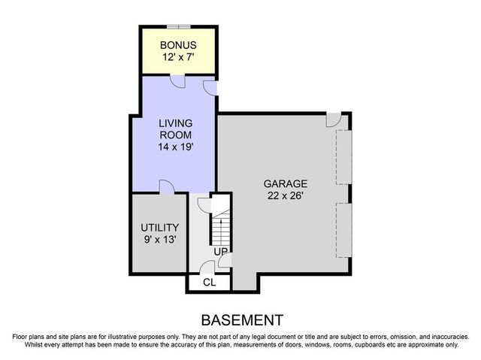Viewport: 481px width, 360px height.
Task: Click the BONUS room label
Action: (x=177, y=44)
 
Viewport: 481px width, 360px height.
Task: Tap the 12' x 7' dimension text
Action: (x=177, y=56)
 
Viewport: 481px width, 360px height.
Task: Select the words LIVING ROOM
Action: (x=175, y=129)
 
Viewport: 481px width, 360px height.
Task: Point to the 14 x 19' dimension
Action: (x=175, y=147)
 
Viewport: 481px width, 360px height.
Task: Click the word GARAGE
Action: (x=285, y=183)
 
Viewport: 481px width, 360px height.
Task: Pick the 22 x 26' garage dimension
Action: (x=285, y=195)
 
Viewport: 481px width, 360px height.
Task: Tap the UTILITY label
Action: (x=159, y=228)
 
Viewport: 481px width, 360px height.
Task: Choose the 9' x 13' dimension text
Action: (x=159, y=241)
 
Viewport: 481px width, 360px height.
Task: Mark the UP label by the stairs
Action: (x=221, y=251)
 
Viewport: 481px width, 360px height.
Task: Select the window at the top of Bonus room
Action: (x=177, y=26)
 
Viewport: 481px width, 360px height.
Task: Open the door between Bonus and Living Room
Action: (x=177, y=80)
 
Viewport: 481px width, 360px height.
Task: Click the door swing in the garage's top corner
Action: (x=333, y=120)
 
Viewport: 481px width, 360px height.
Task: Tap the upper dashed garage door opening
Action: (x=343, y=156)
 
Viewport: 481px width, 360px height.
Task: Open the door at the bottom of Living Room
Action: (x=167, y=187)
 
